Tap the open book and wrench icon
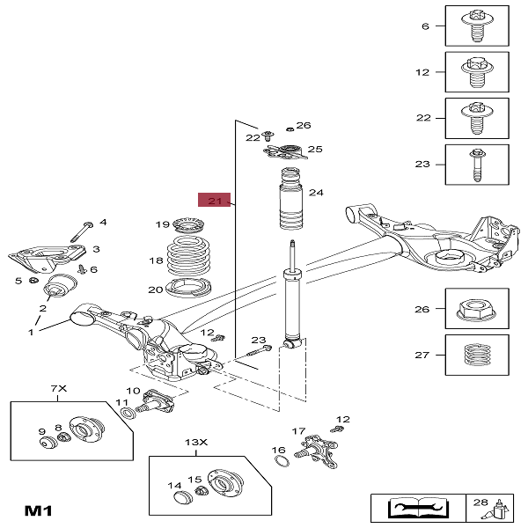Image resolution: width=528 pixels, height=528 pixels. [x=409, y=509]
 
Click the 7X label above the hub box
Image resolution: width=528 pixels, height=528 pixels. [x=58, y=388]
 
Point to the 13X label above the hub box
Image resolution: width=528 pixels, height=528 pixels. [x=194, y=442]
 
